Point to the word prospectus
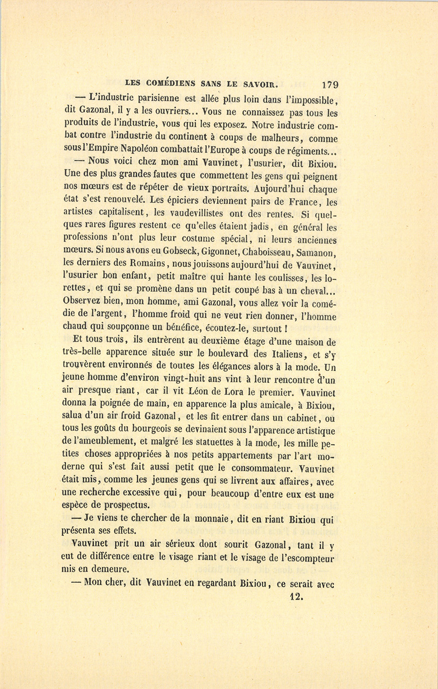[124, 505]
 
